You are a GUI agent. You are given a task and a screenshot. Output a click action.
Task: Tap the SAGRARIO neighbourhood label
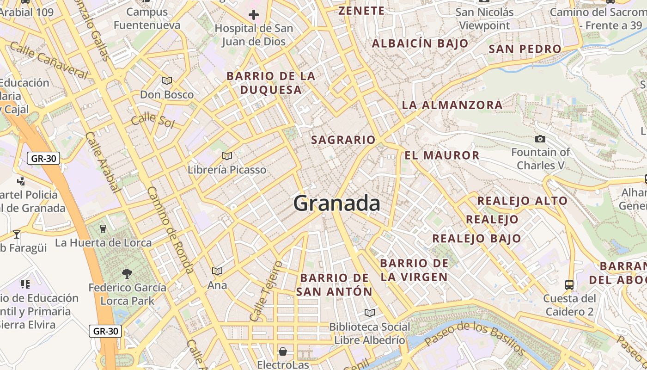coord(343,140)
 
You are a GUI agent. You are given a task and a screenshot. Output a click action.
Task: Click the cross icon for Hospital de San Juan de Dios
coord(254,15)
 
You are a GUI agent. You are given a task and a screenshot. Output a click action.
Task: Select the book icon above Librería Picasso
coord(226,156)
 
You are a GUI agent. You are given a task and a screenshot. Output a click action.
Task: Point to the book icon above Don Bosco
coord(167,80)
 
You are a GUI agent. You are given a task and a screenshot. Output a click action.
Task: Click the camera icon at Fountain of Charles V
coord(540,139)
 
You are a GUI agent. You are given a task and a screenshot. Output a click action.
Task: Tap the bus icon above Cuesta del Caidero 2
coord(569,284)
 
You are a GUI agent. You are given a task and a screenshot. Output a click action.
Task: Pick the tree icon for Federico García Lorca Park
coord(127,274)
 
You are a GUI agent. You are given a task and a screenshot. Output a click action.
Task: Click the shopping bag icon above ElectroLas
coord(283,351)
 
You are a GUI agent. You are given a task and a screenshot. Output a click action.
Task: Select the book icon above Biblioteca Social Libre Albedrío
coord(369,313)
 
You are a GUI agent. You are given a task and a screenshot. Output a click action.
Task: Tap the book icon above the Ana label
coord(217,271)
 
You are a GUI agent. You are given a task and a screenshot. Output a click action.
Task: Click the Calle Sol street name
coord(153,121)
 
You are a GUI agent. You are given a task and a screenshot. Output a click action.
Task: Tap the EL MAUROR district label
coord(442,155)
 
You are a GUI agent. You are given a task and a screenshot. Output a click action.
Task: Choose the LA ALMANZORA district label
coord(452,105)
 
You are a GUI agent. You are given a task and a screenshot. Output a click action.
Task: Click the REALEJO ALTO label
coord(522,201)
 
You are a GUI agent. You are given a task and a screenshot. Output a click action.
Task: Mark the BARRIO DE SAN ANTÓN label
coord(334,285)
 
